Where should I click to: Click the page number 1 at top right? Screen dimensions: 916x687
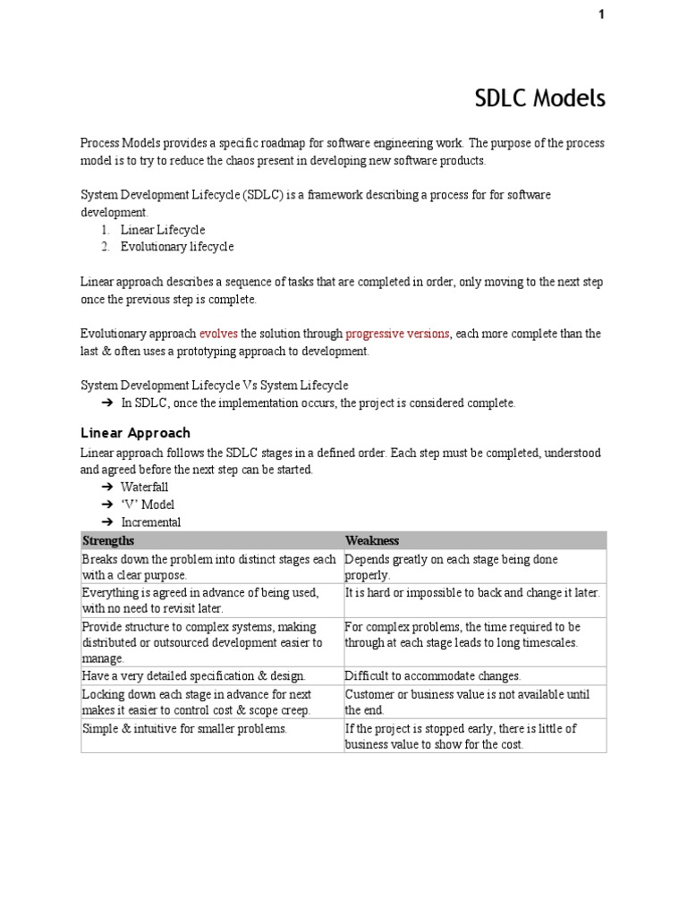click(601, 14)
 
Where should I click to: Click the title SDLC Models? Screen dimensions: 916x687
click(539, 98)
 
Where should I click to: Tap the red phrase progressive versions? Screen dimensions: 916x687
click(397, 334)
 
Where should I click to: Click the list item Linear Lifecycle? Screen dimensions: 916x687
click(163, 230)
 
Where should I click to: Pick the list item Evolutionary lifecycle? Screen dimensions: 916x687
click(177, 247)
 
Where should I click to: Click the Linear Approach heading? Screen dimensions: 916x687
click(135, 433)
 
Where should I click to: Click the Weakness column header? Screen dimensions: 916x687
click(372, 540)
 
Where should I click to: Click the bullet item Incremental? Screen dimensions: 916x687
click(150, 522)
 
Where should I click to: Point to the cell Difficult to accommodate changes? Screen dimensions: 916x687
click(432, 676)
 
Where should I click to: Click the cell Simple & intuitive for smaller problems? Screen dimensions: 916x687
click(184, 728)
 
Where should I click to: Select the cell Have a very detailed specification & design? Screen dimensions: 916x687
click(193, 676)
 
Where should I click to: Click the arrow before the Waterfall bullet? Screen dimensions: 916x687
click(106, 488)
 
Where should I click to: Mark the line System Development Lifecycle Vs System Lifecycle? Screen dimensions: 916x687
click(215, 386)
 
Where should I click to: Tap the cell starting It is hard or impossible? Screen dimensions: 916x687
click(472, 592)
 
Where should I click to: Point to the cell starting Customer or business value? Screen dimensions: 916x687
click(467, 701)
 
